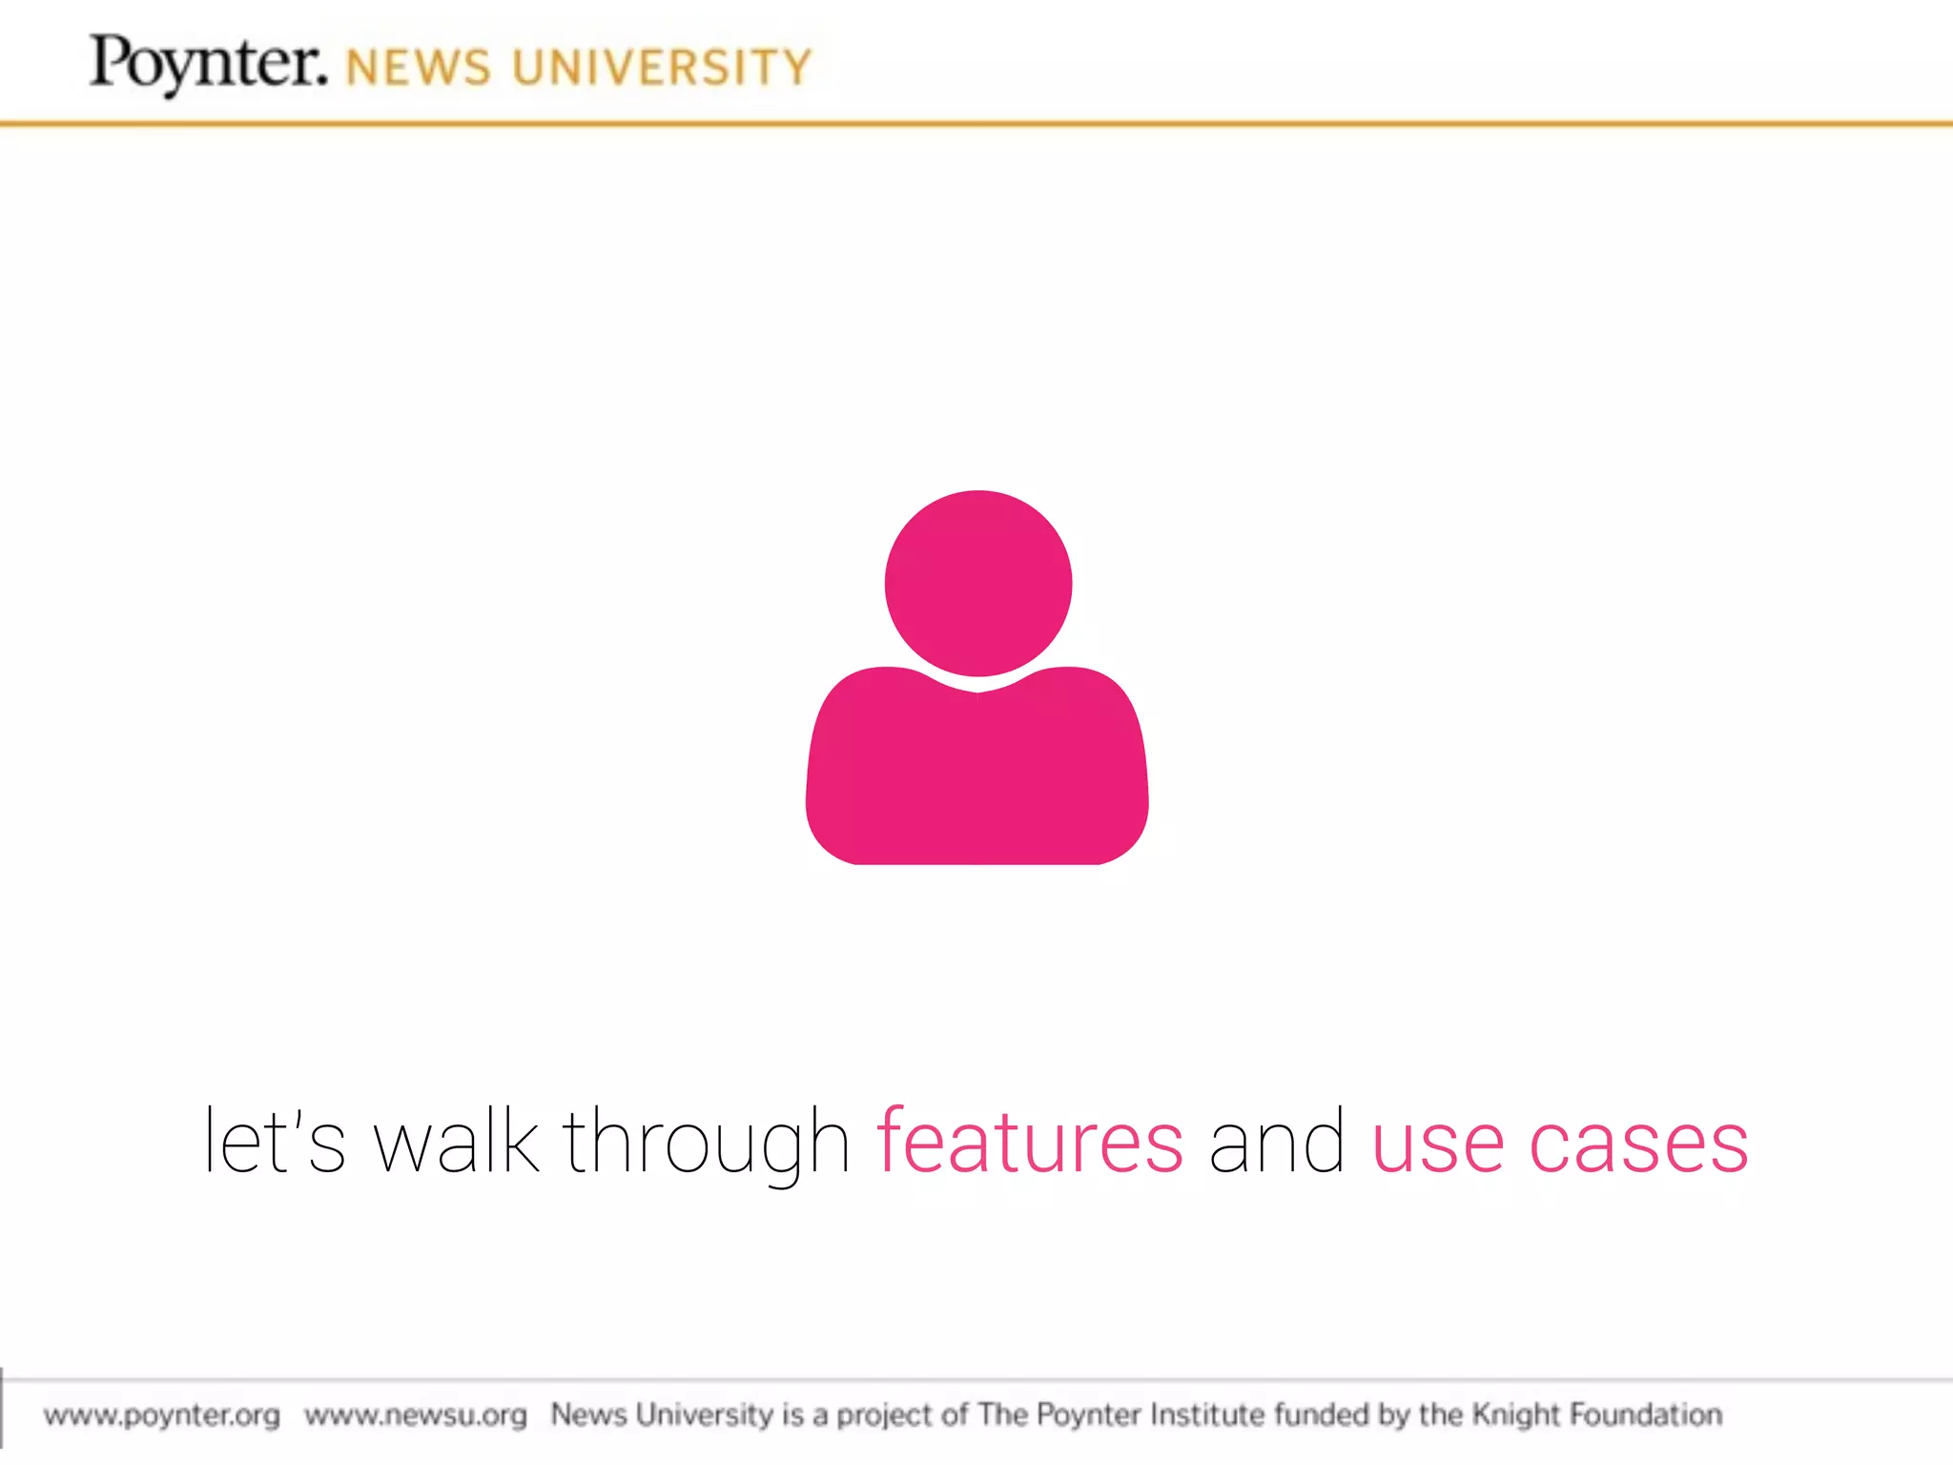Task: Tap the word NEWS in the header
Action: pyautogui.click(x=419, y=69)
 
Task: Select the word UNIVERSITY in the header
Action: pyautogui.click(x=662, y=69)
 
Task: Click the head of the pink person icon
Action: pyautogui.click(x=978, y=583)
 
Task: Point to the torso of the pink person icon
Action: pyautogui.click(x=977, y=773)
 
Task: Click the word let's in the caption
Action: pyautogui.click(x=275, y=1141)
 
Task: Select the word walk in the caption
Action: pyautogui.click(x=456, y=1141)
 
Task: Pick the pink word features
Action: pyautogui.click(x=1030, y=1141)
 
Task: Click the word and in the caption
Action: pyautogui.click(x=1277, y=1141)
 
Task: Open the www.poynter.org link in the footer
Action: pyautogui.click(x=162, y=1414)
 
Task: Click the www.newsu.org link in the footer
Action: pyautogui.click(x=416, y=1414)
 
